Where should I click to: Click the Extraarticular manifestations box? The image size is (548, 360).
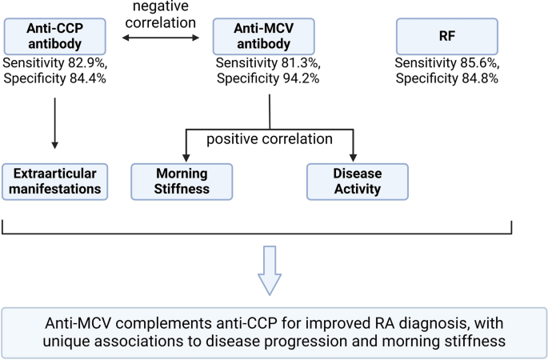(54, 181)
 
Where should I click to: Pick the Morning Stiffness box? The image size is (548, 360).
(182, 181)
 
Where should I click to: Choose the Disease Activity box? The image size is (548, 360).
(357, 181)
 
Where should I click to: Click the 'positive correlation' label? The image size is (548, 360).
(270, 138)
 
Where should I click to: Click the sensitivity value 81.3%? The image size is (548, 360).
(298, 62)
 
